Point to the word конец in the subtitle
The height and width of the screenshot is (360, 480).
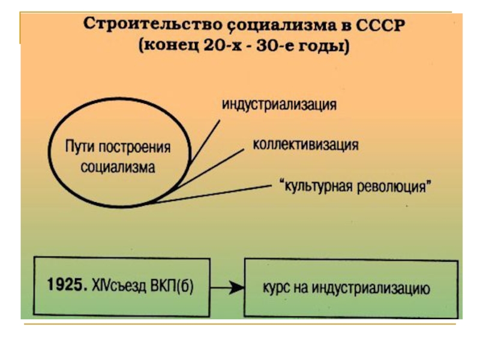[x=174, y=46]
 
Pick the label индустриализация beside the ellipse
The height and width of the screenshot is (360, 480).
[x=280, y=104]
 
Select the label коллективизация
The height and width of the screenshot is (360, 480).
[x=305, y=145]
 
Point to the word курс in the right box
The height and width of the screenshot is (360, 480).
[x=275, y=289]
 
